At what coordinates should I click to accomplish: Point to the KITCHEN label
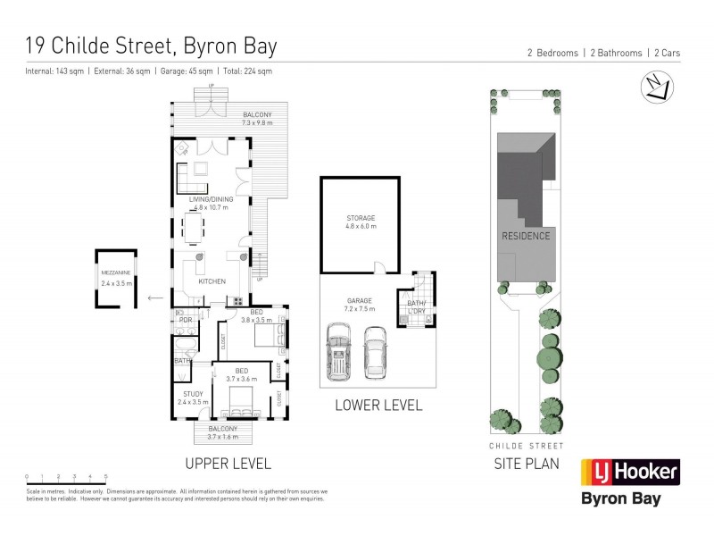[x=212, y=281]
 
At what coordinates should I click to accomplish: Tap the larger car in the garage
[x=340, y=353]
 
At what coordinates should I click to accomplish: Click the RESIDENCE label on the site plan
[x=526, y=236]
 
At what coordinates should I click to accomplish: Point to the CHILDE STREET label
[x=527, y=445]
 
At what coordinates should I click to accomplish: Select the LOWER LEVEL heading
[x=378, y=405]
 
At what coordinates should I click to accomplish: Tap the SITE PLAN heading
[x=527, y=463]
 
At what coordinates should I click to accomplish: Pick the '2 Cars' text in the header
[x=666, y=54]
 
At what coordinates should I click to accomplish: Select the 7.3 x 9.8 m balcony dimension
[x=263, y=122]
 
